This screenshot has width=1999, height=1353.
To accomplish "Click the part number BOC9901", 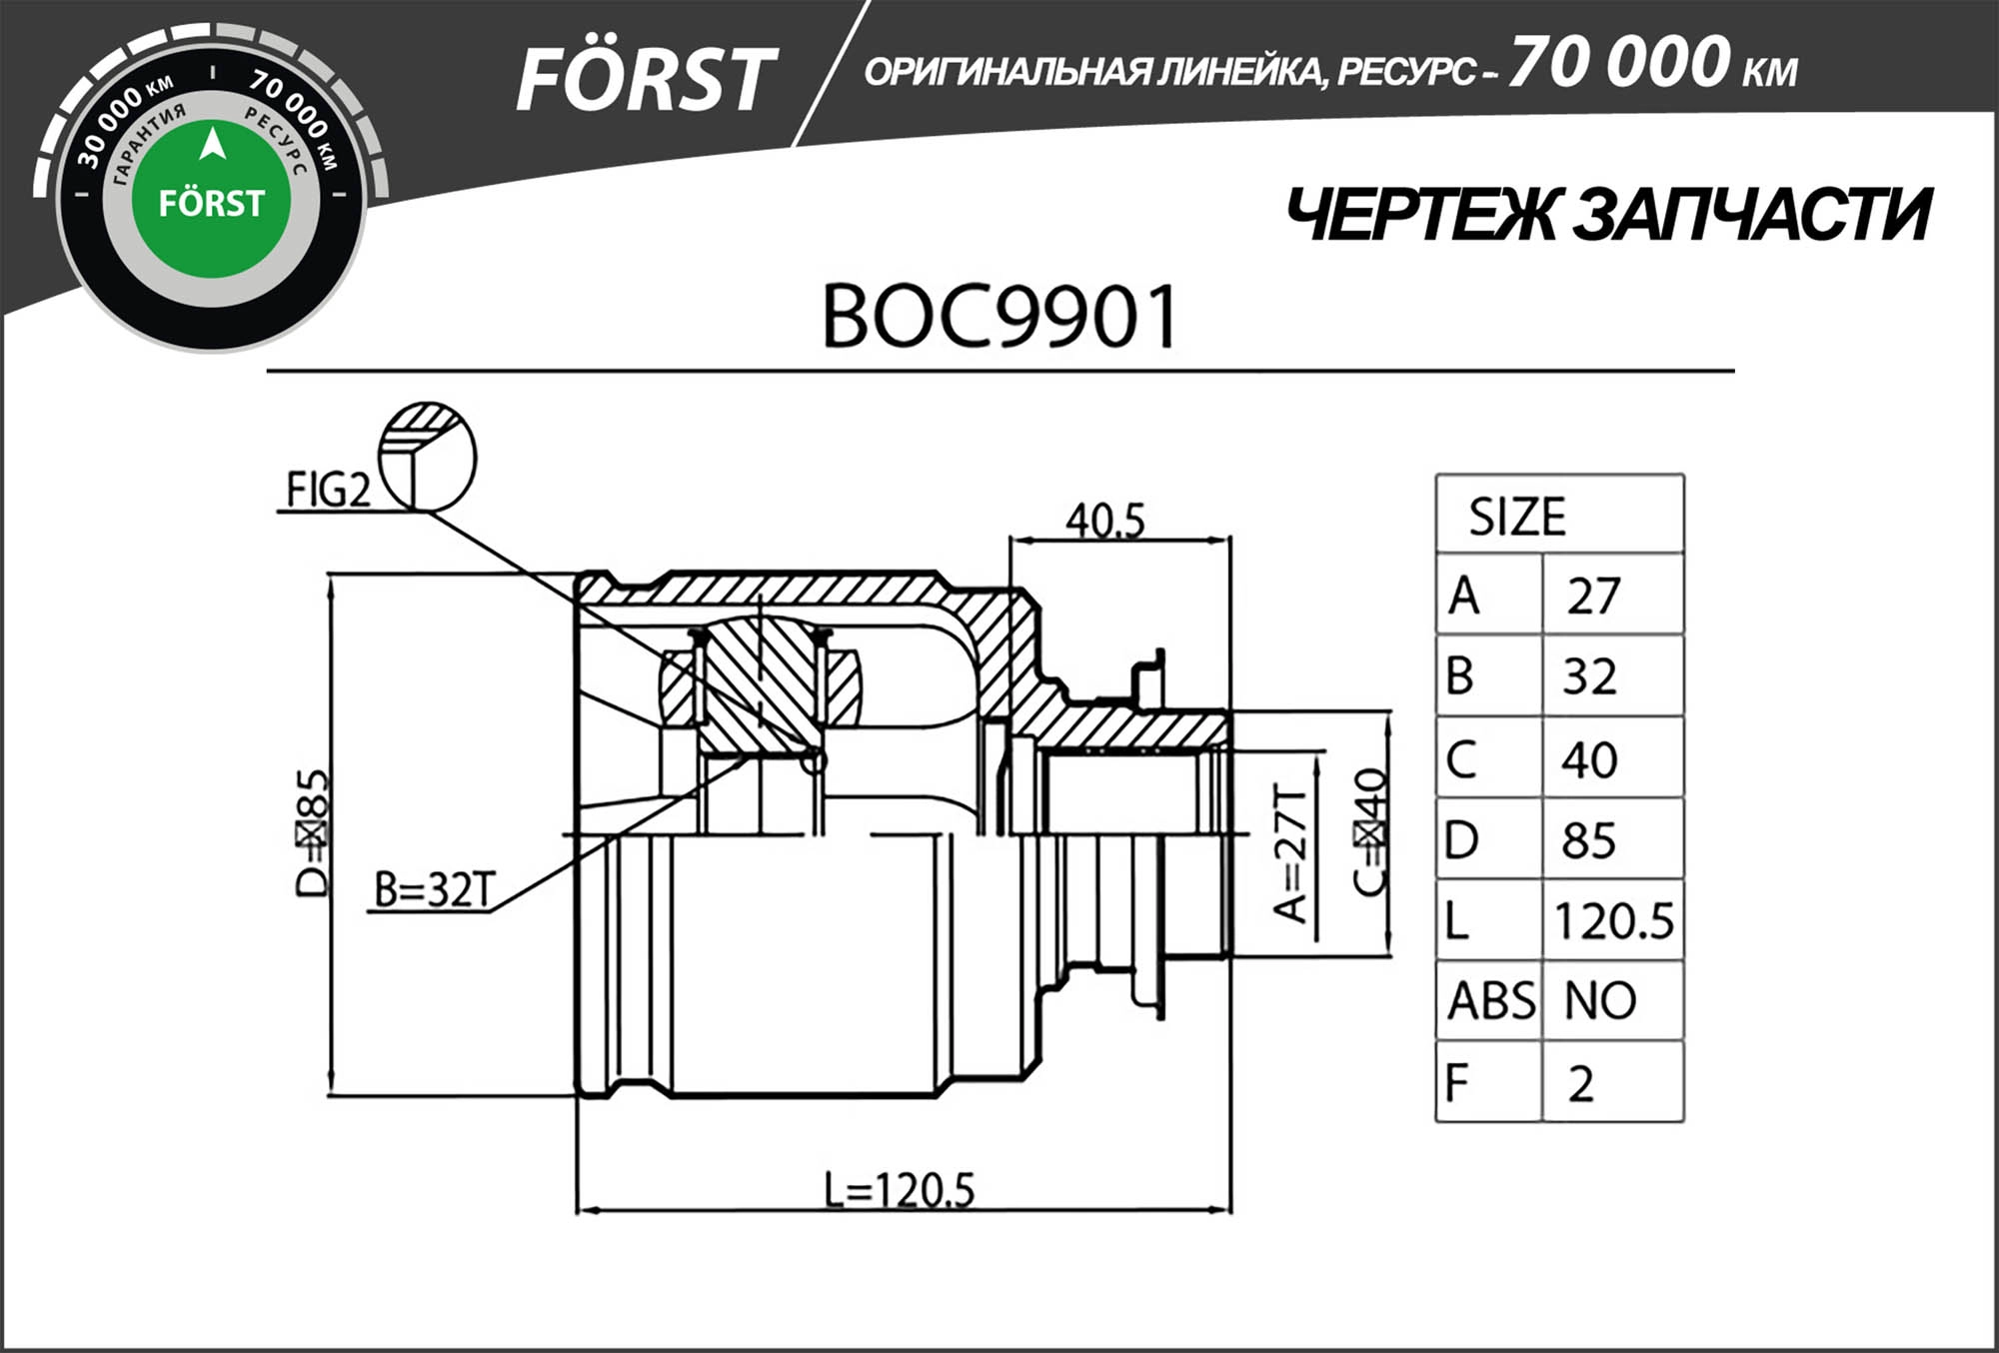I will [x=999, y=318].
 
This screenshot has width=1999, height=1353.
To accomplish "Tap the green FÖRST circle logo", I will [x=211, y=200].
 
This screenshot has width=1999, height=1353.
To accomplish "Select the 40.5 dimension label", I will [x=1104, y=520].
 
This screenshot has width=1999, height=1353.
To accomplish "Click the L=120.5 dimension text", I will [x=899, y=1189].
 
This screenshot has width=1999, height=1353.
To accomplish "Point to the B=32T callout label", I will [x=434, y=889].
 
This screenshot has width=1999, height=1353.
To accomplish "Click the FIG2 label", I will [x=328, y=490].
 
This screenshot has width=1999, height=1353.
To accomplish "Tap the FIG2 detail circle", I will [x=428, y=457].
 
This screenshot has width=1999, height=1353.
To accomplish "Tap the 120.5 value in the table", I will [x=1612, y=920].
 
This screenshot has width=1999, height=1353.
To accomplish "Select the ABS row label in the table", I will [x=1489, y=1000].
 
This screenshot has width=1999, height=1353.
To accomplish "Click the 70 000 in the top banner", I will [x=1619, y=62].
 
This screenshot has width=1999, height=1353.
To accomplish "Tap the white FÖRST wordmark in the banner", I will [x=645, y=80].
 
